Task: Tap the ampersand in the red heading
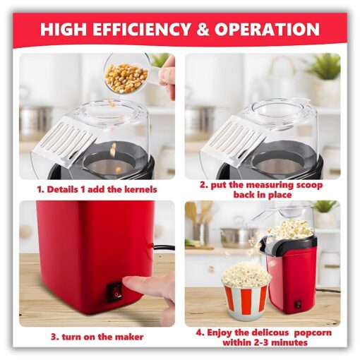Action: [x=202, y=29]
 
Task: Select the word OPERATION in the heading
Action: [x=267, y=29]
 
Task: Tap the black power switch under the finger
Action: [x=115, y=292]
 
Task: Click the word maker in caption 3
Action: [x=131, y=337]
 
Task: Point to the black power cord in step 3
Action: [x=164, y=247]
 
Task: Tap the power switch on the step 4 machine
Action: [x=298, y=304]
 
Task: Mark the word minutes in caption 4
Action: [x=292, y=342]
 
